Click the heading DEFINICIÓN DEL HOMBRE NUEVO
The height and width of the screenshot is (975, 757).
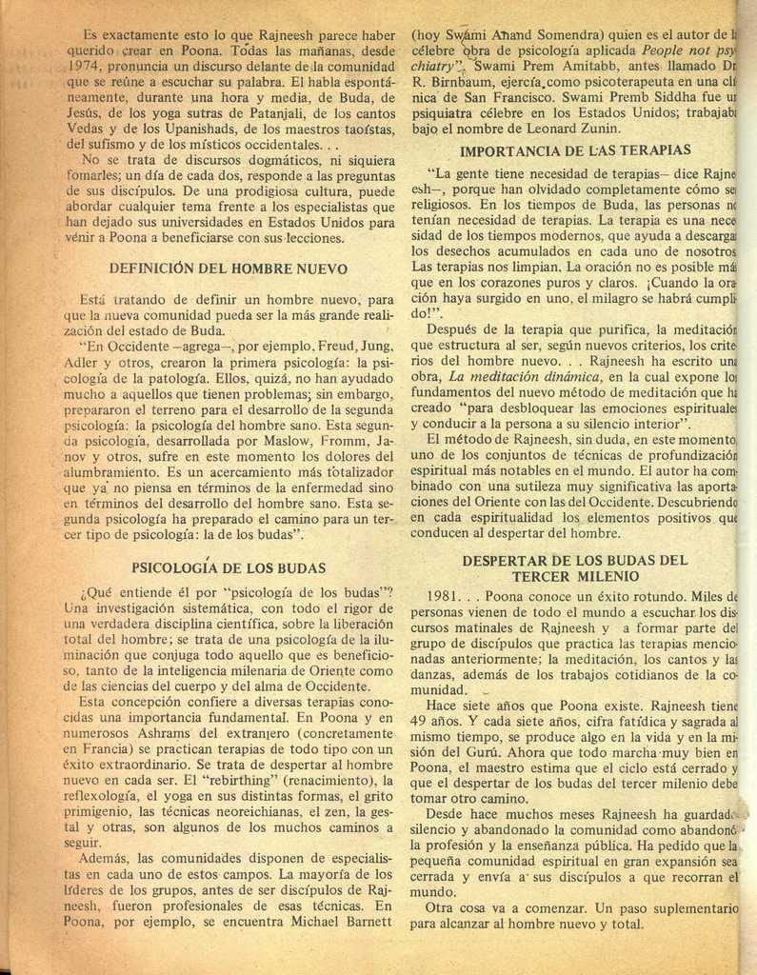tap(229, 269)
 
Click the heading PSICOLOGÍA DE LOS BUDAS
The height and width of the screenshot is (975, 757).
tap(229, 567)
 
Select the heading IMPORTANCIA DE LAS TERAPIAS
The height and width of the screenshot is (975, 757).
tap(575, 150)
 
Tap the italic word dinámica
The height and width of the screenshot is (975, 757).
tap(563, 377)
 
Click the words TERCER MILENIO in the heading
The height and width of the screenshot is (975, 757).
tap(574, 576)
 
